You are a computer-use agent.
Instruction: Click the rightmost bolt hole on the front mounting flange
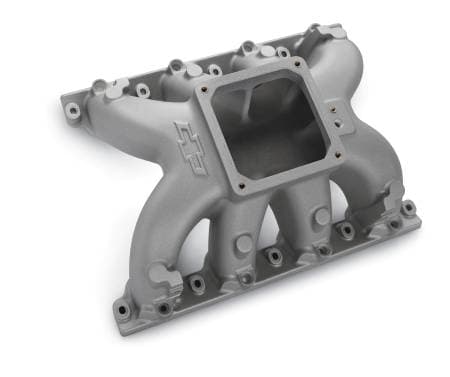pos(408,208)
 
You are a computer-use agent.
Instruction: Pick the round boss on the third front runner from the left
pos(322,214)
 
